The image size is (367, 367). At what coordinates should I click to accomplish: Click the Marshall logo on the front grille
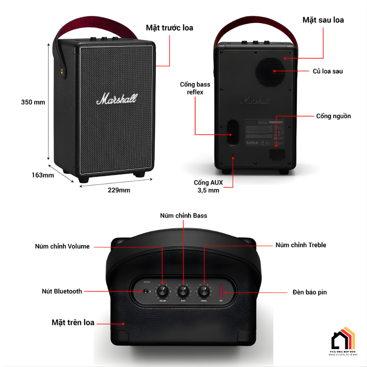(117, 98)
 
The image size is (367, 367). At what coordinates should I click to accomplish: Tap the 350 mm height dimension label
(33, 102)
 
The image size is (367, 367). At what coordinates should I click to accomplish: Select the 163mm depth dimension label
(43, 175)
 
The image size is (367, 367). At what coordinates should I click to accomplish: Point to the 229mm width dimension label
(119, 190)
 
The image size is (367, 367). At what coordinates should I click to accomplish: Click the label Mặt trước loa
(170, 28)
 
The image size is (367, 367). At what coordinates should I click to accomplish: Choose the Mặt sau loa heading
(323, 20)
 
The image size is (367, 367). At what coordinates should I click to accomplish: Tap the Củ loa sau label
(327, 71)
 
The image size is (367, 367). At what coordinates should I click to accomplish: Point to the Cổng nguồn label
(333, 116)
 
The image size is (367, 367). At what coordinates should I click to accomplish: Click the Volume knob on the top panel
(162, 291)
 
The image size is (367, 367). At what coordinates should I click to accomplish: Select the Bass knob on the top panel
(183, 291)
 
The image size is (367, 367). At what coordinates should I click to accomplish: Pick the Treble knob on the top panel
(204, 291)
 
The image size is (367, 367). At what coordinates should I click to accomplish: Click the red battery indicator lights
(221, 291)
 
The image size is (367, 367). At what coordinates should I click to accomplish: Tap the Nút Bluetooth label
(62, 291)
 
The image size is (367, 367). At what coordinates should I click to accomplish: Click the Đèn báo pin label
(310, 292)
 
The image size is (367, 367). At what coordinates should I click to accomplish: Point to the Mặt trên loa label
(73, 323)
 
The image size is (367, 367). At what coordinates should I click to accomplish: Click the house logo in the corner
(343, 338)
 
